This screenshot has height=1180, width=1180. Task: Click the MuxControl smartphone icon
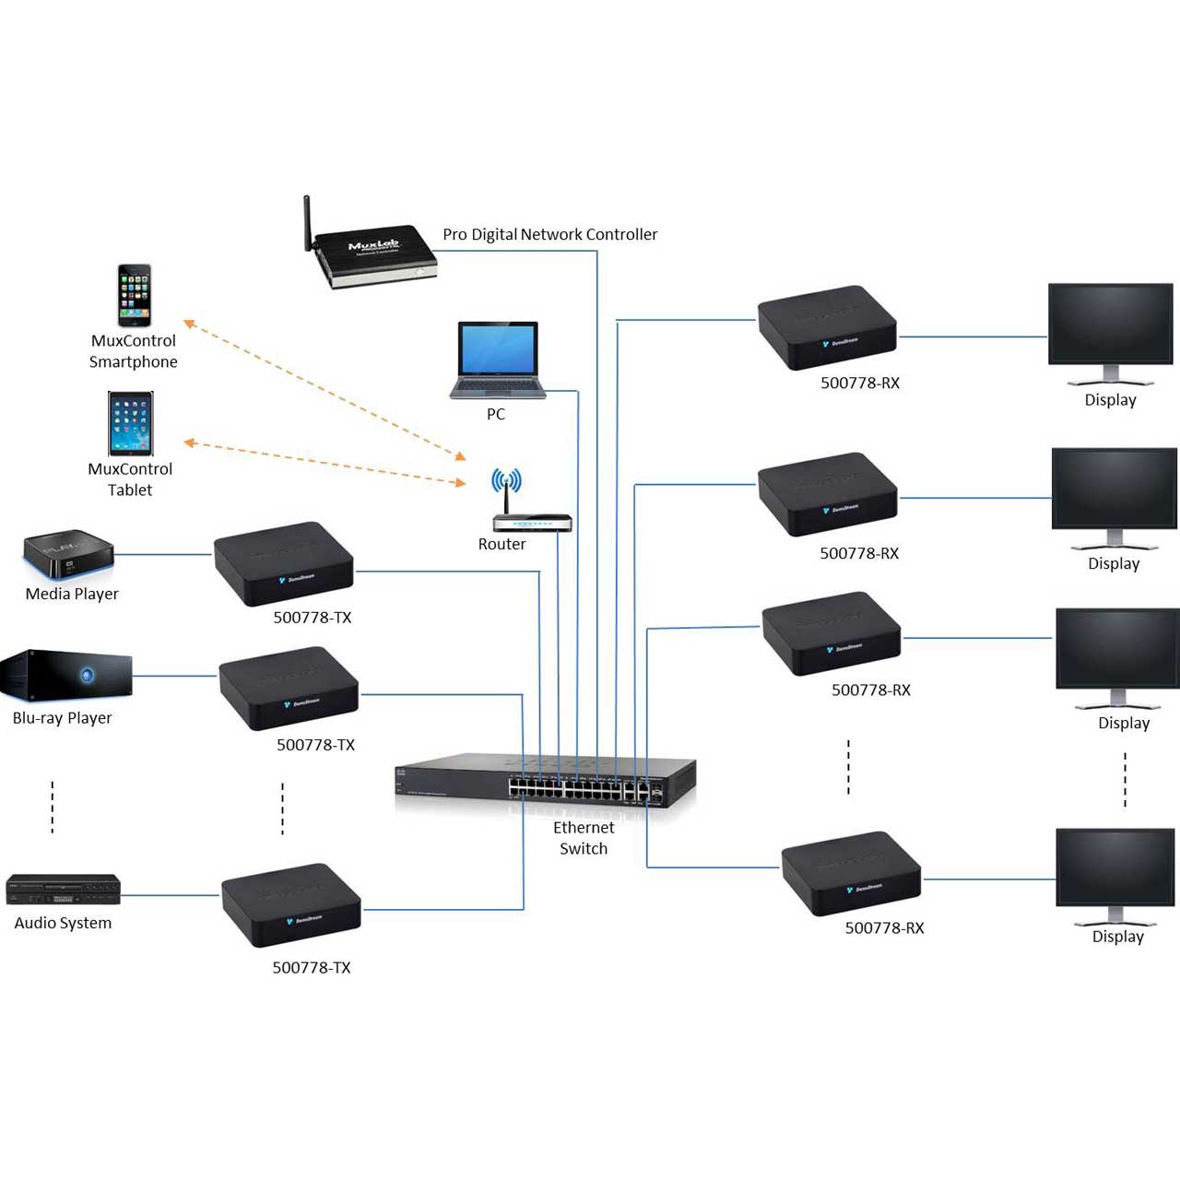134,295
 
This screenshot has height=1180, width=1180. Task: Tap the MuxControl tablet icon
130,424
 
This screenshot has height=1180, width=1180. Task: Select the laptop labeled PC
497,360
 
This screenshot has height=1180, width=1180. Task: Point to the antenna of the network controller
307,221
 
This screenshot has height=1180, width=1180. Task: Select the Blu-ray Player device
66,675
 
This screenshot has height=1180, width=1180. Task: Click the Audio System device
63,891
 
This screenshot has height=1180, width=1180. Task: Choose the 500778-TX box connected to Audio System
291,905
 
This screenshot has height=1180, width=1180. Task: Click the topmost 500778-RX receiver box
827,327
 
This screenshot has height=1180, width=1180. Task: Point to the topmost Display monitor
1110,332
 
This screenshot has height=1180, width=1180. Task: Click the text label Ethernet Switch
584,838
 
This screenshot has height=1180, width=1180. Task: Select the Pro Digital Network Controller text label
550,234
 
